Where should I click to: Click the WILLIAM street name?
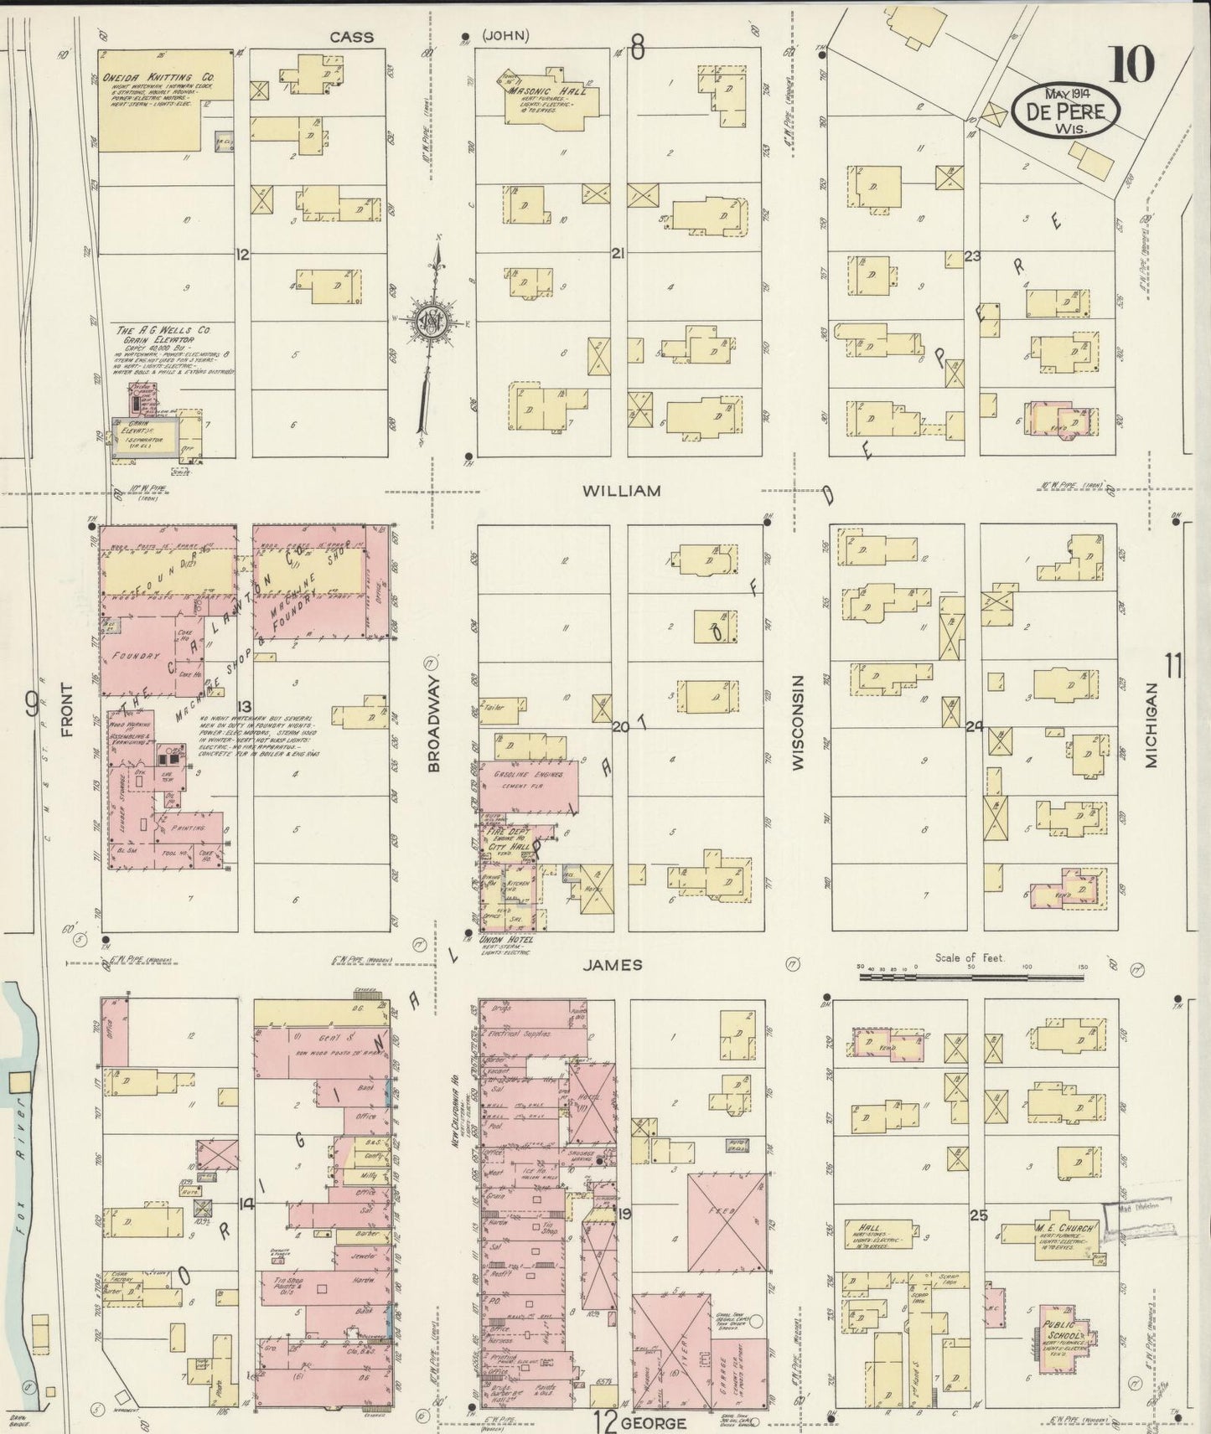(622, 491)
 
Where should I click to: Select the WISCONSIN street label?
(797, 722)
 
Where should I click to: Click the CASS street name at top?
(351, 37)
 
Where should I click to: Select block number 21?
(619, 252)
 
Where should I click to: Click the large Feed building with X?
(726, 1222)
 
